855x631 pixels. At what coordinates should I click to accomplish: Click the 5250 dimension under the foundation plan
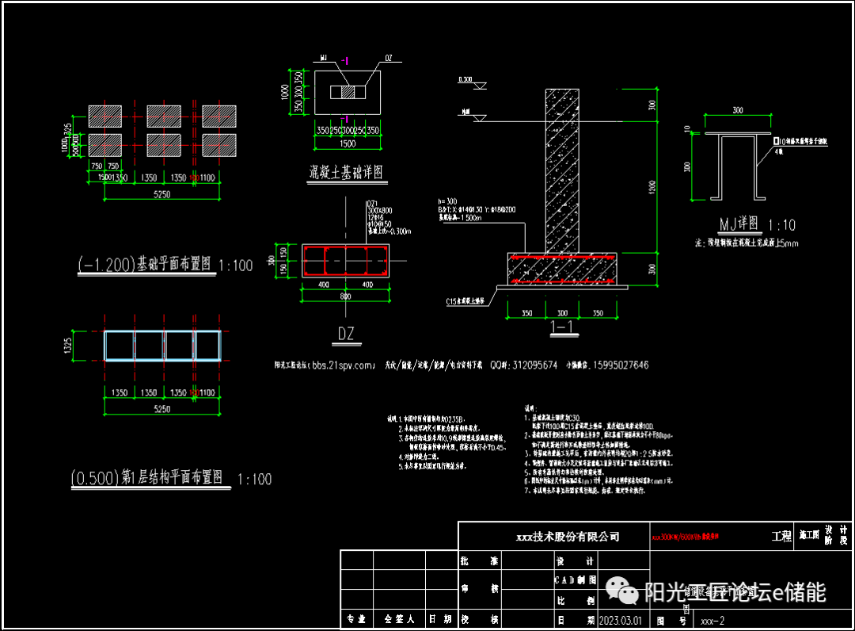[161, 195]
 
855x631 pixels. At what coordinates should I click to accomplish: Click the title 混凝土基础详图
[345, 171]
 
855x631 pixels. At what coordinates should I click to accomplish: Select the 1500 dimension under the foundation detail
[348, 143]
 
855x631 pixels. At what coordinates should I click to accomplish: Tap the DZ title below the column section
[346, 334]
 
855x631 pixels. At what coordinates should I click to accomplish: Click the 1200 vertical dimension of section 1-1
[652, 186]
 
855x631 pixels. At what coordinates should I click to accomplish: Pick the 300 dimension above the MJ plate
[738, 111]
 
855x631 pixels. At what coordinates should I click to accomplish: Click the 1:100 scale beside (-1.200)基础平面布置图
[236, 265]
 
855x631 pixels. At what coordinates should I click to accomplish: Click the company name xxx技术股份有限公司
[568, 537]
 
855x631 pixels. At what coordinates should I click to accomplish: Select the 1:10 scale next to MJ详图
[781, 224]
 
